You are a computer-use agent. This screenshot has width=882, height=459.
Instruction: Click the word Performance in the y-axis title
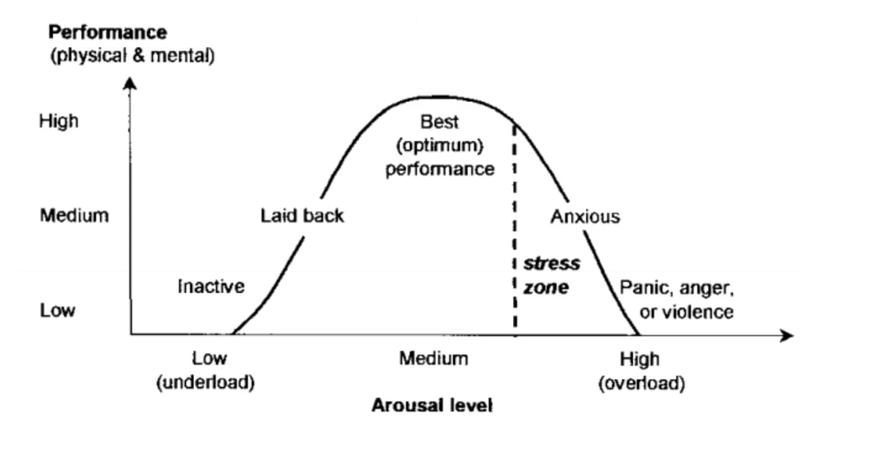(107, 32)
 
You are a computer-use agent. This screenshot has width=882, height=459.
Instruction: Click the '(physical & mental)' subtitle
(132, 56)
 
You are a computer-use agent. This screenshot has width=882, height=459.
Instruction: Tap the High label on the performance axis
(59, 121)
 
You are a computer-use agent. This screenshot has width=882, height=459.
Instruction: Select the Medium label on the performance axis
(74, 216)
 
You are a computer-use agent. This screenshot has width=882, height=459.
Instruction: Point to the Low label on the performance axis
(57, 311)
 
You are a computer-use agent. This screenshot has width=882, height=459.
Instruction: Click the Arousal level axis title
(431, 405)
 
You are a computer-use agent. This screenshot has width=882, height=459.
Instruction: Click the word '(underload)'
(205, 383)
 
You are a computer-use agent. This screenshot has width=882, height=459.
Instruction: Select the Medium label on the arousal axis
(434, 359)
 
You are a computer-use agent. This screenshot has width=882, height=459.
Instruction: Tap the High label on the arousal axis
(639, 360)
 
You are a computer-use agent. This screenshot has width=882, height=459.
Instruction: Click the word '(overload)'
(642, 383)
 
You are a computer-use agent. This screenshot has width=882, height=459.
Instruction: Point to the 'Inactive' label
(211, 286)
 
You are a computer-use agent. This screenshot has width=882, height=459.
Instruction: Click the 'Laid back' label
(301, 217)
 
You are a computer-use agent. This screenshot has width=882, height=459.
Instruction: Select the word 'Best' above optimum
(440, 121)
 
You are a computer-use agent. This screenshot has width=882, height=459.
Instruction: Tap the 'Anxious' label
(585, 217)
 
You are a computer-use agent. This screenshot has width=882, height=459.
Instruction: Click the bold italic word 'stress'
(552, 263)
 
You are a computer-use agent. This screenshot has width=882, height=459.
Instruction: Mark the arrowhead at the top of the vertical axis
(129, 83)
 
